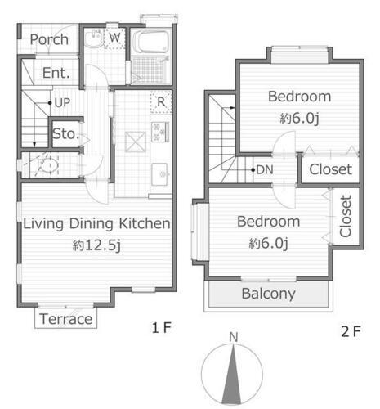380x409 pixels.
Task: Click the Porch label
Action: click(x=49, y=39)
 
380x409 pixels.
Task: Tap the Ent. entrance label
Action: click(x=56, y=73)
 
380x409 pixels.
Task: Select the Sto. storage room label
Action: click(x=66, y=133)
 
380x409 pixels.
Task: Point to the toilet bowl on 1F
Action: click(x=49, y=166)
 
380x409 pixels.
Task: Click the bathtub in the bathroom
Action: click(x=151, y=42)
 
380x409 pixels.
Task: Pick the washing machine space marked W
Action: click(x=114, y=38)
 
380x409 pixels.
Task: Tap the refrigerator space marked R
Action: click(x=161, y=102)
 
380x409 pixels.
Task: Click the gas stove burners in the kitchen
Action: click(x=160, y=132)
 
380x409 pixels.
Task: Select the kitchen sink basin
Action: click(x=159, y=174)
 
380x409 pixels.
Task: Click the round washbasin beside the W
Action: click(x=93, y=38)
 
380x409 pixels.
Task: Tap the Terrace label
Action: click(x=66, y=319)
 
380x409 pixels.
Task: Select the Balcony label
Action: click(x=269, y=294)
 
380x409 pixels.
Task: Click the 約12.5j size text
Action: click(x=96, y=245)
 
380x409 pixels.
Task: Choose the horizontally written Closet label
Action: click(x=331, y=169)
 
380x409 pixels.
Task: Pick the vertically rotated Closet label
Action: click(x=346, y=216)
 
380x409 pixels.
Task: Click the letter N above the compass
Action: click(x=234, y=337)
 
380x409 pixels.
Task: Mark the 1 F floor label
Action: click(x=161, y=327)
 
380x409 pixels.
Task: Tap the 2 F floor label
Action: click(x=351, y=331)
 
